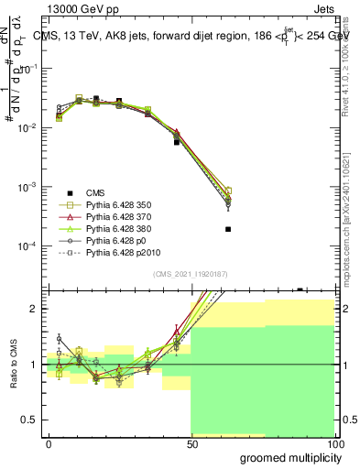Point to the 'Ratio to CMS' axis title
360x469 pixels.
tap(16, 365)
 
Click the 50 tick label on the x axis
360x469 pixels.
tap(191, 443)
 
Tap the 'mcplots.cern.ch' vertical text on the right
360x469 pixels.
tap(352, 224)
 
